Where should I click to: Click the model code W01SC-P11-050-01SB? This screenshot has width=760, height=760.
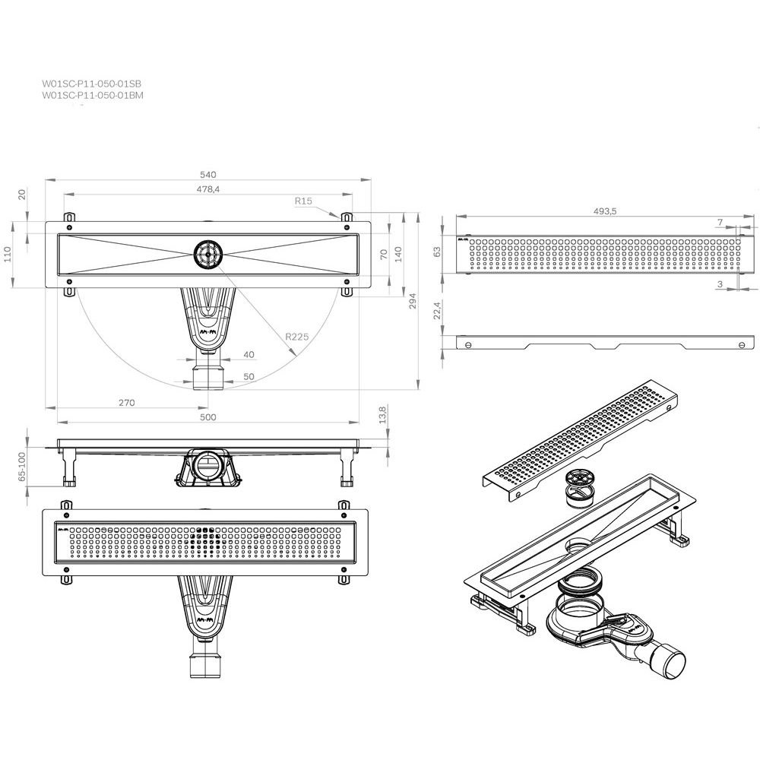[x=92, y=84]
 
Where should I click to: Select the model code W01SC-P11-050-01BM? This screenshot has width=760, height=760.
[x=93, y=95]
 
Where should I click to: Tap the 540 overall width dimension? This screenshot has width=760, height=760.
[x=208, y=175]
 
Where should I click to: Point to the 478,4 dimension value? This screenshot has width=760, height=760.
[x=208, y=189]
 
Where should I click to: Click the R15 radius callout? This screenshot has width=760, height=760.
[x=303, y=201]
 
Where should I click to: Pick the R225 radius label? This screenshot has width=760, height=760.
[x=296, y=337]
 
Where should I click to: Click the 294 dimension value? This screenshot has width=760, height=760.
[x=413, y=301]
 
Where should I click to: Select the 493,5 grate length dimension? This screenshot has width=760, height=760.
[x=605, y=211]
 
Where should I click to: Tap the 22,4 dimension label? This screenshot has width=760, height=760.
[x=437, y=310]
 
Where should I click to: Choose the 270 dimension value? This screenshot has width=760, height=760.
[x=126, y=402]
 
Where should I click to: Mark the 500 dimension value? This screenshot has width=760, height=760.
[x=208, y=416]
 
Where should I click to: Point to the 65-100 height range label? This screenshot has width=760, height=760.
[x=21, y=467]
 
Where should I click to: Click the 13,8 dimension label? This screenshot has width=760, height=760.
[x=382, y=415]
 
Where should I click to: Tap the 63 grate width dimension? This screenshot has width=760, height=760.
[x=437, y=252]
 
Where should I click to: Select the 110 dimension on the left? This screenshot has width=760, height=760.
[x=8, y=254]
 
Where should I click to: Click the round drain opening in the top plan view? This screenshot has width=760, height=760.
[x=208, y=254]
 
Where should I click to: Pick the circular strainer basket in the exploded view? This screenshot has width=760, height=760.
[x=580, y=488]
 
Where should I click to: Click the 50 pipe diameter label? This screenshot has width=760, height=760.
[x=249, y=377]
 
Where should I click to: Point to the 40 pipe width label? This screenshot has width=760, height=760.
[x=249, y=355]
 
